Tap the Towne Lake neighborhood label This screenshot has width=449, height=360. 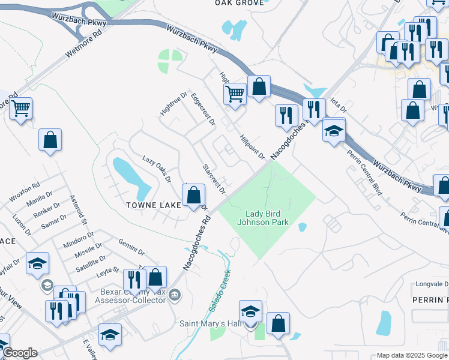click(153, 205)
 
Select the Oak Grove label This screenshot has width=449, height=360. click(239, 3)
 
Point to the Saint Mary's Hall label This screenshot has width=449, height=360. click(210, 323)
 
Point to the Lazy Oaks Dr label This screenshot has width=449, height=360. click(157, 169)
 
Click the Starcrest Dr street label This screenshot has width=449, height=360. click(213, 179)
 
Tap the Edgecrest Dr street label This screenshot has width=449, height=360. click(203, 109)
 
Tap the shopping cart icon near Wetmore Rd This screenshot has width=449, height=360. click(20, 109)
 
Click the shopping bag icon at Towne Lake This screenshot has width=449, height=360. click(193, 196)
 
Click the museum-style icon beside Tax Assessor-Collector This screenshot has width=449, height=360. click(175, 295)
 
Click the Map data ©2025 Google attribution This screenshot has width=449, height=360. click(412, 355)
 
